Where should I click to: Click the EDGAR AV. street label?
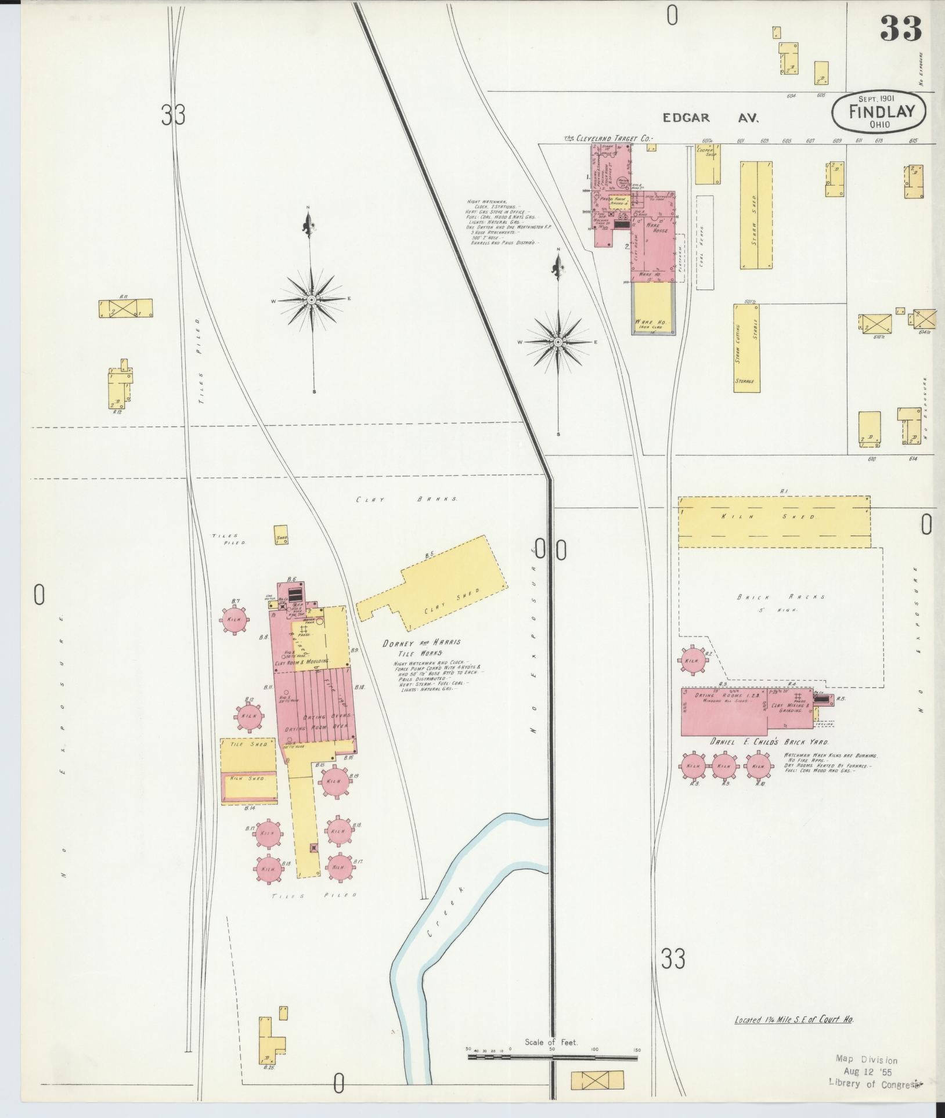pos(712,118)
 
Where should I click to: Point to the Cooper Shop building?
pos(708,164)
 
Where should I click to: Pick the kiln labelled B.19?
pos(334,781)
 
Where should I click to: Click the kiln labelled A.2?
pos(692,660)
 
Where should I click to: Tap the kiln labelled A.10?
pos(759,766)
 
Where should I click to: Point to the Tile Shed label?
pos(248,744)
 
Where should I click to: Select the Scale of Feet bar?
pos(552,1057)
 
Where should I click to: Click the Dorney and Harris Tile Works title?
pos(421,647)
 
